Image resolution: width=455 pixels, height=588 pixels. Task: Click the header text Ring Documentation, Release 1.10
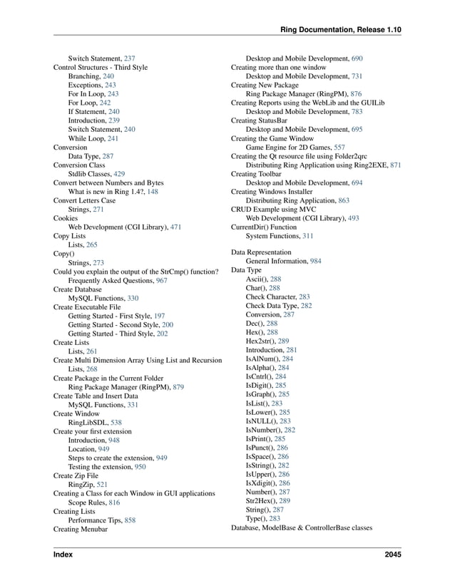(341, 29)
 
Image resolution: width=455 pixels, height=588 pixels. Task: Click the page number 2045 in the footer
(392, 554)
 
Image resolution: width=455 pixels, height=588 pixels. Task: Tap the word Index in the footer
(63, 554)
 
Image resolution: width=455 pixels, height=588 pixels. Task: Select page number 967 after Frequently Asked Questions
(162, 282)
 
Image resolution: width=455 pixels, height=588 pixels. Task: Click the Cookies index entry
(66, 218)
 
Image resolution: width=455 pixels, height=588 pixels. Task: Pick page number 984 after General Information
(315, 262)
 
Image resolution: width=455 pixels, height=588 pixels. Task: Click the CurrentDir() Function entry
(263, 227)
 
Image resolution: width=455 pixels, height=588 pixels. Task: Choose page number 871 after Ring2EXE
(395, 165)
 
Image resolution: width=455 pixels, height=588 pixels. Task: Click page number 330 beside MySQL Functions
(133, 299)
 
